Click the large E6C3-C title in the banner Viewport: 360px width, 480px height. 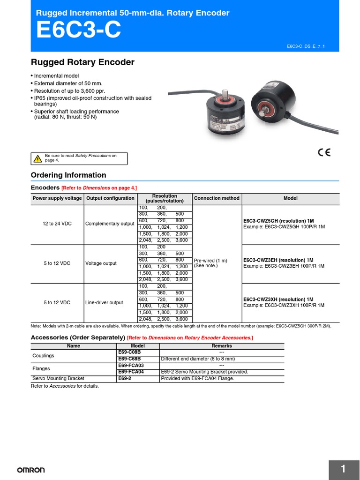[78, 31]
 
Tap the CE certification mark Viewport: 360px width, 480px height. [324, 152]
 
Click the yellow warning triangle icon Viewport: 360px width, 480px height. [37, 159]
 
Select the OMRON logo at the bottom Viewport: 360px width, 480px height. [31, 470]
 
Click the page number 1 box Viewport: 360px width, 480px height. [343, 469]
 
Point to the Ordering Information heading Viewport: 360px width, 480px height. [68, 175]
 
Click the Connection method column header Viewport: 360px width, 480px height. [217, 198]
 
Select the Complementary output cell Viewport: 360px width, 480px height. [110, 224]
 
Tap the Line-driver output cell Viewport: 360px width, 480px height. [104, 302]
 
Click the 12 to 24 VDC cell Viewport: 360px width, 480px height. [57, 224]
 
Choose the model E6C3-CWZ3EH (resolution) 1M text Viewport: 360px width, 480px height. [278, 260]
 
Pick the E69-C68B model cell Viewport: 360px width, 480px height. [129, 359]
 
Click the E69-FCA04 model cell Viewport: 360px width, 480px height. [131, 372]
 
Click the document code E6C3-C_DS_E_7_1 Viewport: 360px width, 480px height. [306, 46]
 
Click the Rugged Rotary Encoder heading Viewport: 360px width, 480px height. [82, 62]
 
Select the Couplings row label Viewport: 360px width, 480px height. [43, 355]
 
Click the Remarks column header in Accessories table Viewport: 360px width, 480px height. [222, 346]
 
